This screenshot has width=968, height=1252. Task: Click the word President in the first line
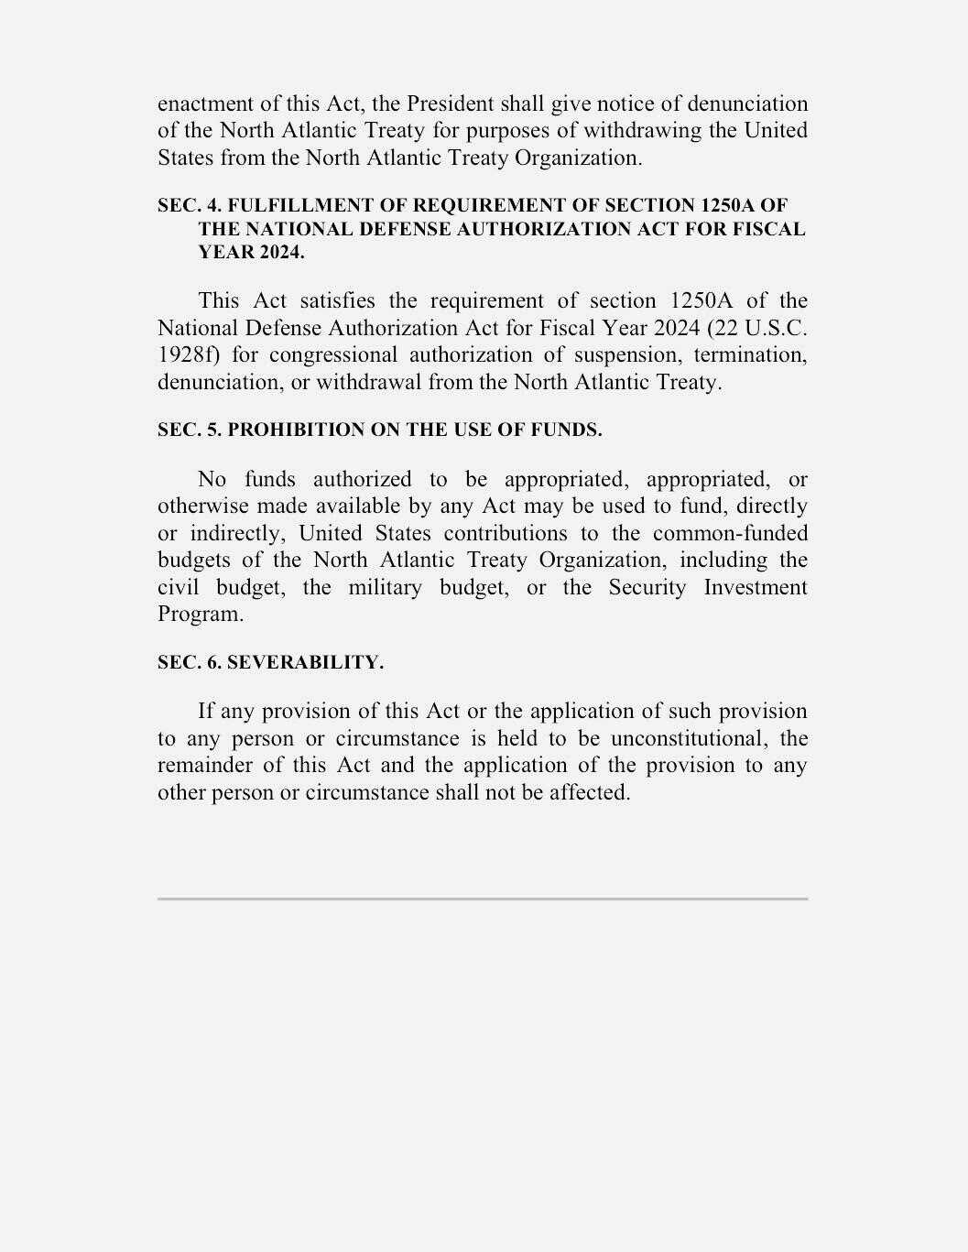(450, 103)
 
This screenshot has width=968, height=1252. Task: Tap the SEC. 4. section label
(190, 205)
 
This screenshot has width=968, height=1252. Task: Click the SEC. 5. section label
(190, 430)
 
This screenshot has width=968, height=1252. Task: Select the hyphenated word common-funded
(730, 533)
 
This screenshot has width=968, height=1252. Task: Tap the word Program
(201, 614)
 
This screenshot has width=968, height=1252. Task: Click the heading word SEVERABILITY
(305, 663)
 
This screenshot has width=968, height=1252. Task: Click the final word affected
(590, 792)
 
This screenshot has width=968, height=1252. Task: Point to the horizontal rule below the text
(483, 898)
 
